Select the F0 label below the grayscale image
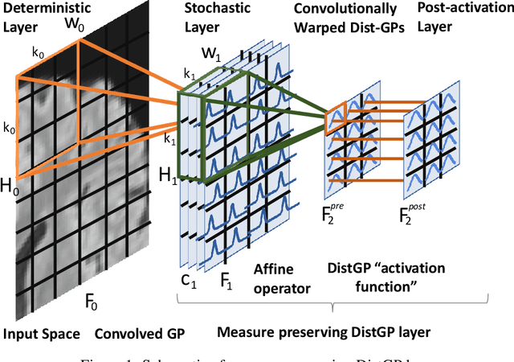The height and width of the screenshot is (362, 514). pos(93,305)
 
